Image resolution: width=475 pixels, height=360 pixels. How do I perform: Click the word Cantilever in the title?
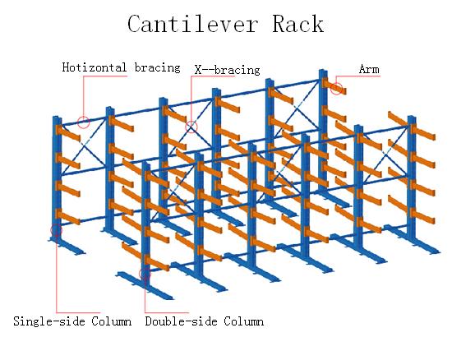point(192,24)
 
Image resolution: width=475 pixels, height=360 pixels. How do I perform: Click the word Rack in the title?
point(298,24)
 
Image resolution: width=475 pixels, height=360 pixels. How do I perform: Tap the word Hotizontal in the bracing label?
point(95,67)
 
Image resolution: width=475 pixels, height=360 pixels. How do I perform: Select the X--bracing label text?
point(227,70)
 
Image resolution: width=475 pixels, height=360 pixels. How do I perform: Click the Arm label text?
point(369,69)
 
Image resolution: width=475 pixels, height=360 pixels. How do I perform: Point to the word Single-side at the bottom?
point(48,321)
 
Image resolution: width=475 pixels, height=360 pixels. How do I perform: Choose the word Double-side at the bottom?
point(181,321)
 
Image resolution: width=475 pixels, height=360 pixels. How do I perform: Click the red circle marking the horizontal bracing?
point(84,122)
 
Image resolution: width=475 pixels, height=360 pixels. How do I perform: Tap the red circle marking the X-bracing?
point(191,127)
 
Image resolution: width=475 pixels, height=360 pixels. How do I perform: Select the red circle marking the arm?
point(337,89)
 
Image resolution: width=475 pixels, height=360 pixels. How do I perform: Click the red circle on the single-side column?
point(56,231)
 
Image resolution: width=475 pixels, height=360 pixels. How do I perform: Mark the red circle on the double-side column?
point(145,274)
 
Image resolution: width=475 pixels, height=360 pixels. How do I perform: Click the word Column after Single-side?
point(112,321)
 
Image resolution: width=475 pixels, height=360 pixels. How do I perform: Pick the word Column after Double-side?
point(244,321)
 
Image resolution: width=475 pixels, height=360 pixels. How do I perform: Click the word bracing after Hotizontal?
point(158,67)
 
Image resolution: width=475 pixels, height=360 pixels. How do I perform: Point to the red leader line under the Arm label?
point(357,76)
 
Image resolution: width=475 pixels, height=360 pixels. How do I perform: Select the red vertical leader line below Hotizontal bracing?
point(84,96)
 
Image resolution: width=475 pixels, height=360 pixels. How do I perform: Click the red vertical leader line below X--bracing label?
point(191,98)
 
